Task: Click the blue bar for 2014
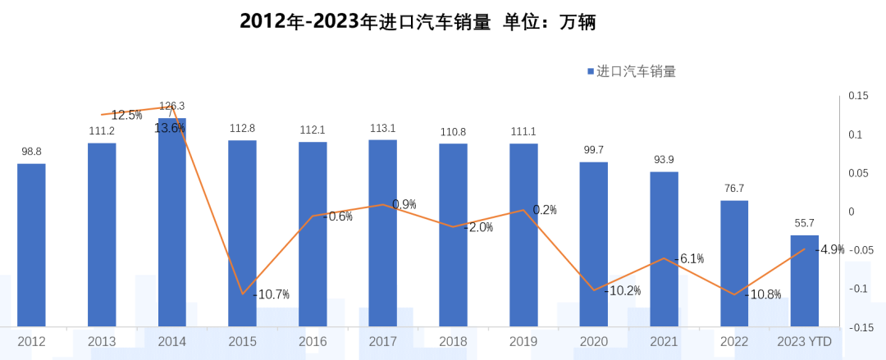pos(172,221)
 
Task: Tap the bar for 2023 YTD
pos(805,280)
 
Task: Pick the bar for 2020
pos(594,244)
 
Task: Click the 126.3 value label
pos(172,106)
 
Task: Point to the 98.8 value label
pos(31,152)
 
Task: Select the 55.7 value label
pos(805,223)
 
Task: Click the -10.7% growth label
pos(272,294)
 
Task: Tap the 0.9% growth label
pos(404,204)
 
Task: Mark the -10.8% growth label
pos(762,294)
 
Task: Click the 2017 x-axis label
pos(383,341)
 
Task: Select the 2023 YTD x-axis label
pos(805,341)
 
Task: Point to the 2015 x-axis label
pos(242,341)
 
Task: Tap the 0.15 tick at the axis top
pos(858,96)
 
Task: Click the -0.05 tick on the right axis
pos(860,251)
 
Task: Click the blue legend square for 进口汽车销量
pos(590,72)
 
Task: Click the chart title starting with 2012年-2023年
pos(417,22)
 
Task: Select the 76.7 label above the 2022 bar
pos(734,189)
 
